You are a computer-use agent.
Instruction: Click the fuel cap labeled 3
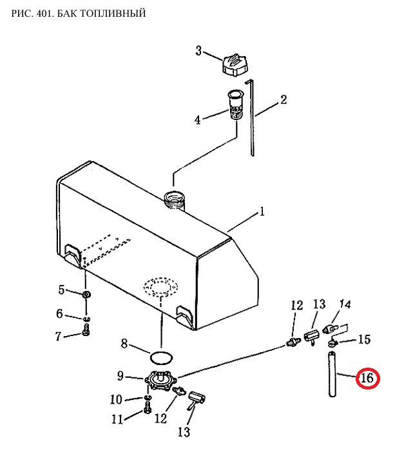pyautogui.click(x=235, y=65)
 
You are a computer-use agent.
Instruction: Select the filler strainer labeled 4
pyautogui.click(x=235, y=104)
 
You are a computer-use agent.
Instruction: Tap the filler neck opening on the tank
pyautogui.click(x=174, y=199)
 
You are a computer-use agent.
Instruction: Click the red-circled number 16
pyautogui.click(x=368, y=378)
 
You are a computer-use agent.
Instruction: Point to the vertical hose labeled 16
pyautogui.click(x=332, y=374)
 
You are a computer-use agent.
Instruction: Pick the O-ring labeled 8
pyautogui.click(x=162, y=358)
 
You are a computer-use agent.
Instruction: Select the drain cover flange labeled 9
pyautogui.click(x=160, y=379)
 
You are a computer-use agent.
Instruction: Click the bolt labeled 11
pyautogui.click(x=148, y=407)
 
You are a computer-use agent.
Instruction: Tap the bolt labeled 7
pyautogui.click(x=86, y=330)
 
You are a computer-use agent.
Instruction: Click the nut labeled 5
pyautogui.click(x=86, y=294)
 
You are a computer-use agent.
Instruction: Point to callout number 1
pyautogui.click(x=262, y=212)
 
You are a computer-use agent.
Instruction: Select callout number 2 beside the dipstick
pyautogui.click(x=284, y=100)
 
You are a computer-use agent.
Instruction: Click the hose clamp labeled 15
pyautogui.click(x=332, y=344)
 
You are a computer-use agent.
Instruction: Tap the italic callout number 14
pyautogui.click(x=345, y=304)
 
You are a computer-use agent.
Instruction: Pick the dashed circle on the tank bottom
pyautogui.click(x=160, y=287)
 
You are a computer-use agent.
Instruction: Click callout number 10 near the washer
pyautogui.click(x=116, y=399)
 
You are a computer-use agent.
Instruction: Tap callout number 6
pyautogui.click(x=59, y=313)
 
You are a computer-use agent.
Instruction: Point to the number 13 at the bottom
pyautogui.click(x=184, y=432)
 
